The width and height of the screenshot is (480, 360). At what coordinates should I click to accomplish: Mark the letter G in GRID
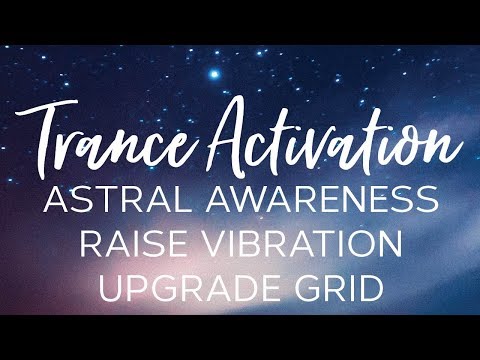pyautogui.click(x=306, y=290)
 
